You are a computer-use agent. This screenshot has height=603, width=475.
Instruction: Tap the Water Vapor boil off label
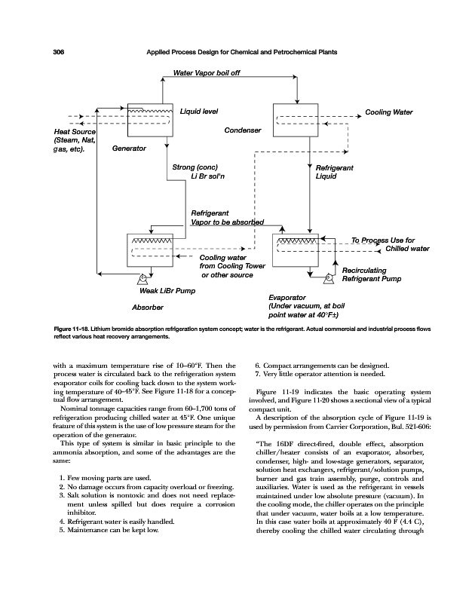(x=207, y=73)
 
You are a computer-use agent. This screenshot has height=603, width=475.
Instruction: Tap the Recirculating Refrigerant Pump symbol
(x=328, y=278)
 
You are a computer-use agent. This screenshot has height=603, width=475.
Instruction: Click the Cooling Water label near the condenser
(x=389, y=112)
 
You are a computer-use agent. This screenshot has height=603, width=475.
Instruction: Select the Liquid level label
(x=199, y=112)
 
